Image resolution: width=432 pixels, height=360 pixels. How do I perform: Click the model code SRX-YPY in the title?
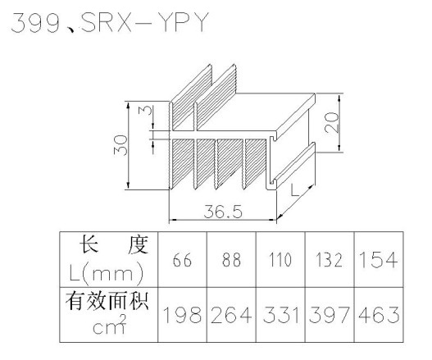point(143,22)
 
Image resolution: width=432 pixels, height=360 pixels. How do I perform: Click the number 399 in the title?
point(35,23)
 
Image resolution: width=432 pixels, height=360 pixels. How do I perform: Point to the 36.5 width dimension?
point(223,212)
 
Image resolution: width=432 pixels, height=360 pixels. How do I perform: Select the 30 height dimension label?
point(121,145)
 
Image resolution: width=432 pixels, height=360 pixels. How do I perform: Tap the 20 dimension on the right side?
point(331,122)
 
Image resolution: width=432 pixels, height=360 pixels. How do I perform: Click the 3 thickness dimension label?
point(147,110)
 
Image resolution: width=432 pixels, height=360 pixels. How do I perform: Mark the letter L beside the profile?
point(294,190)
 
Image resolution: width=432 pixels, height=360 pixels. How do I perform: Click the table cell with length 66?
point(182,260)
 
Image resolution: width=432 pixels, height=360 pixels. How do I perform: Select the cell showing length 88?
point(231,260)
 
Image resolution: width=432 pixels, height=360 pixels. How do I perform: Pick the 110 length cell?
point(280,260)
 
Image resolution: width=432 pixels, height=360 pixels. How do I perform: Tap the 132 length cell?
point(330,260)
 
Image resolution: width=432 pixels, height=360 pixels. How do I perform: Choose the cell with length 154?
point(379,260)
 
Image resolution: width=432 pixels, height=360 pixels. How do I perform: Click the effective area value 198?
point(182,315)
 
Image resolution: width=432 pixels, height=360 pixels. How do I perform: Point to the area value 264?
point(231,315)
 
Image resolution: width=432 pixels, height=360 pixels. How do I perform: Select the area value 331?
point(280,315)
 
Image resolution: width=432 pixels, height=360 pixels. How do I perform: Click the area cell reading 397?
point(330,315)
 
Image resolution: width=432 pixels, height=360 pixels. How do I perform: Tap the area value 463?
point(379,315)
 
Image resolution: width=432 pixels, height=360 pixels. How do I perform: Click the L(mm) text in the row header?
point(107,273)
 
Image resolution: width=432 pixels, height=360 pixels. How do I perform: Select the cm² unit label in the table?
point(110,325)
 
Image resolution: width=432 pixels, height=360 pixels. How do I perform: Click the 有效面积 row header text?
point(107,301)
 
